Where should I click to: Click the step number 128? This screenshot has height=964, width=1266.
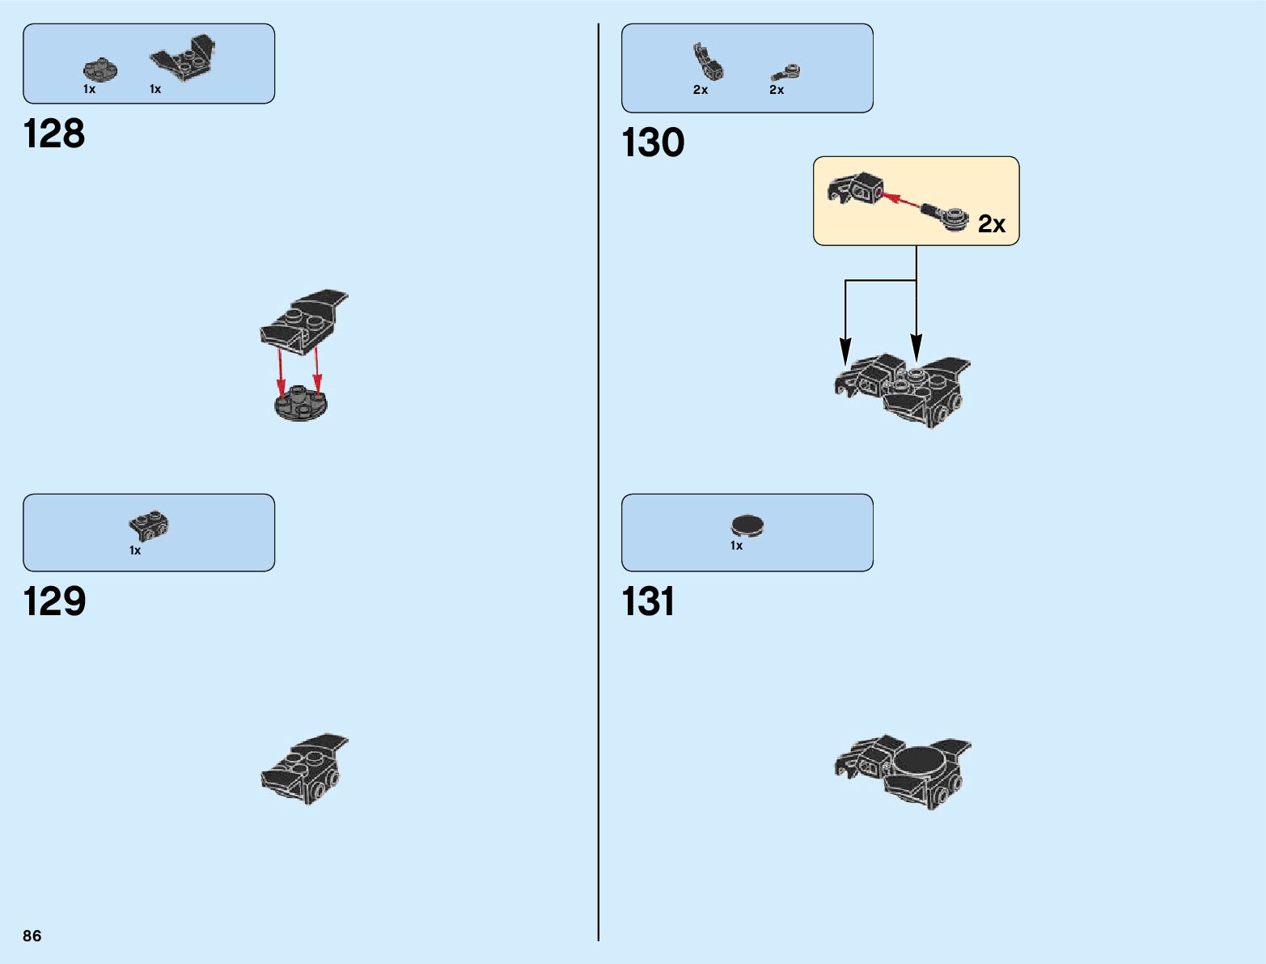pyautogui.click(x=54, y=134)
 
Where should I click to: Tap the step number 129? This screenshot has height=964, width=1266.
pyautogui.click(x=54, y=601)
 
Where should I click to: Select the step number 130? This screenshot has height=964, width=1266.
pyautogui.click(x=653, y=142)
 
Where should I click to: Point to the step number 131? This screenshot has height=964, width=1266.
pyautogui.click(x=648, y=601)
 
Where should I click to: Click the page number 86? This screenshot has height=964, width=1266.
pyautogui.click(x=32, y=936)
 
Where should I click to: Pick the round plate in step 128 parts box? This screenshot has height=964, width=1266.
pyautogui.click(x=100, y=70)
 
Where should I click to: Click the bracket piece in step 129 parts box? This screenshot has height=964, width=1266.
pyautogui.click(x=149, y=526)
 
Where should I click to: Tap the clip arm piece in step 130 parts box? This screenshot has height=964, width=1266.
pyautogui.click(x=706, y=62)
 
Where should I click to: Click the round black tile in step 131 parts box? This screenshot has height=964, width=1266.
pyautogui.click(x=747, y=526)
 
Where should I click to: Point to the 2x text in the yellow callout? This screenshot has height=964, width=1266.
pyautogui.click(x=992, y=223)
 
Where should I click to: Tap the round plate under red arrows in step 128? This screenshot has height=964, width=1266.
pyautogui.click(x=301, y=402)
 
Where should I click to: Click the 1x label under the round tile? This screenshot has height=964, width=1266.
pyautogui.click(x=736, y=546)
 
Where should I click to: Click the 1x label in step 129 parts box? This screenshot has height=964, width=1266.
pyautogui.click(x=135, y=550)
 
